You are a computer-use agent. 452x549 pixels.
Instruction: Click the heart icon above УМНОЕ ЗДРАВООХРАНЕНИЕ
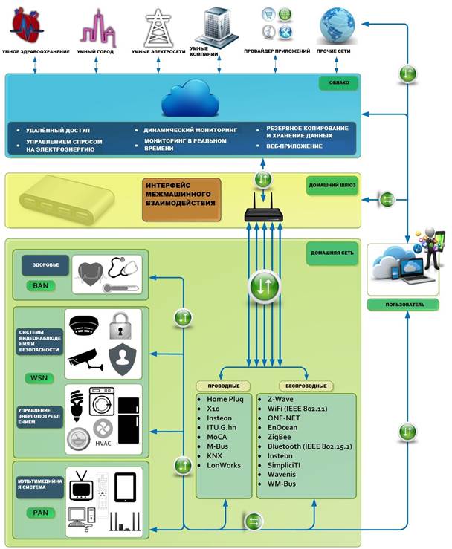tap(27, 25)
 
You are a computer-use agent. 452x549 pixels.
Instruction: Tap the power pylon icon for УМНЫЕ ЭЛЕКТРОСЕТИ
tap(159, 28)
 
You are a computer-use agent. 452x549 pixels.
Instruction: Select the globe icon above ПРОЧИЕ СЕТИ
tap(337, 25)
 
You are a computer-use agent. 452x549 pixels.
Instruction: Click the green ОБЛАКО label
tap(339, 83)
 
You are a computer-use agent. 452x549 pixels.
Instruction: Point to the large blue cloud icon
tap(190, 98)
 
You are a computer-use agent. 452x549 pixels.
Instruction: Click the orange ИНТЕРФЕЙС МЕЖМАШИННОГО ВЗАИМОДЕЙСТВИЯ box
tap(181, 200)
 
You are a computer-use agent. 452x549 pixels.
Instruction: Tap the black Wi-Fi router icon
tap(263, 207)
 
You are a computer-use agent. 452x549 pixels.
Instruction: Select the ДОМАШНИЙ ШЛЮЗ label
tap(332, 185)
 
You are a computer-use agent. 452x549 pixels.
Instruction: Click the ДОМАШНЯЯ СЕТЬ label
tap(332, 253)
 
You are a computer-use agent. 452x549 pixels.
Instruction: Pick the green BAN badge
tap(41, 286)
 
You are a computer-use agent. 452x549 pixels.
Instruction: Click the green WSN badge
tap(39, 378)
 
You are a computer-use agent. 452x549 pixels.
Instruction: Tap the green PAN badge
tap(41, 513)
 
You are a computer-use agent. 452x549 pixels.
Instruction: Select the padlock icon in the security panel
tap(120, 326)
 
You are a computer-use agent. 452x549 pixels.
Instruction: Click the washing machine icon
tap(102, 401)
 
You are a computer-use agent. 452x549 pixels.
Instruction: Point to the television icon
tap(81, 486)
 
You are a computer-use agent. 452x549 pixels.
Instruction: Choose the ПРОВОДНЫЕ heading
tap(224, 386)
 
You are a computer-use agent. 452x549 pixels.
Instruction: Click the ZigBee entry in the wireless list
tap(279, 437)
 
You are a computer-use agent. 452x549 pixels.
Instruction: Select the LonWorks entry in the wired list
tap(224, 465)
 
